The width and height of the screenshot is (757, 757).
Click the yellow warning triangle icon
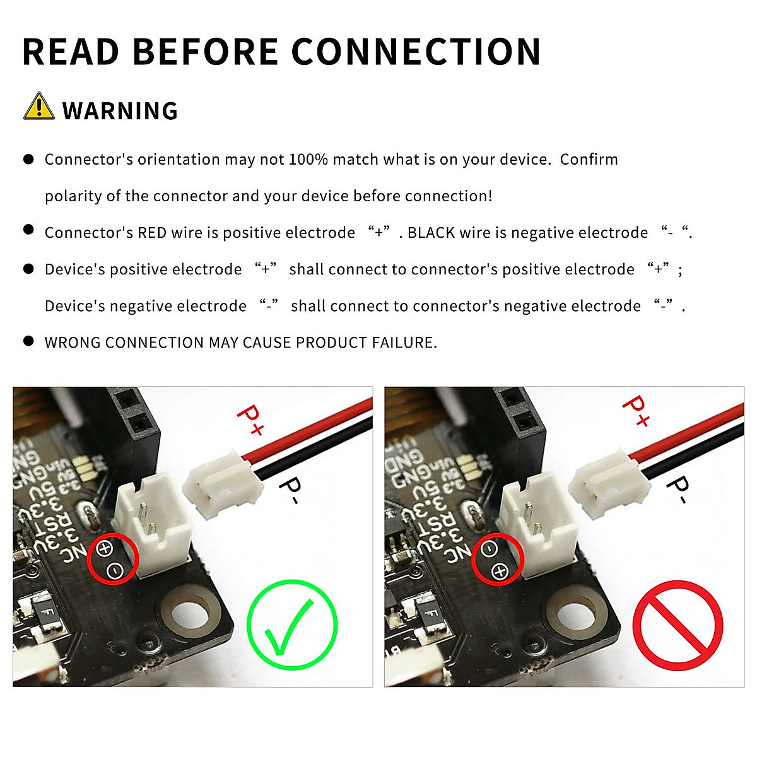38,107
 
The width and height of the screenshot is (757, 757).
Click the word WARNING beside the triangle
120,111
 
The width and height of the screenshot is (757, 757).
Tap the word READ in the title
71,52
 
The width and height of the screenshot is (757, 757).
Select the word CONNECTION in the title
416,52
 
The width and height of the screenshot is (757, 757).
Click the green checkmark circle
292,625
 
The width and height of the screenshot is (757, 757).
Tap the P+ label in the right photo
635,411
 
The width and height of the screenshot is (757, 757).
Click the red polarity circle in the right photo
497,559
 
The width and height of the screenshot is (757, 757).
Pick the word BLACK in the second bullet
431,233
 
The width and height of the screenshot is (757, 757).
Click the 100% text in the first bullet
308,160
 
